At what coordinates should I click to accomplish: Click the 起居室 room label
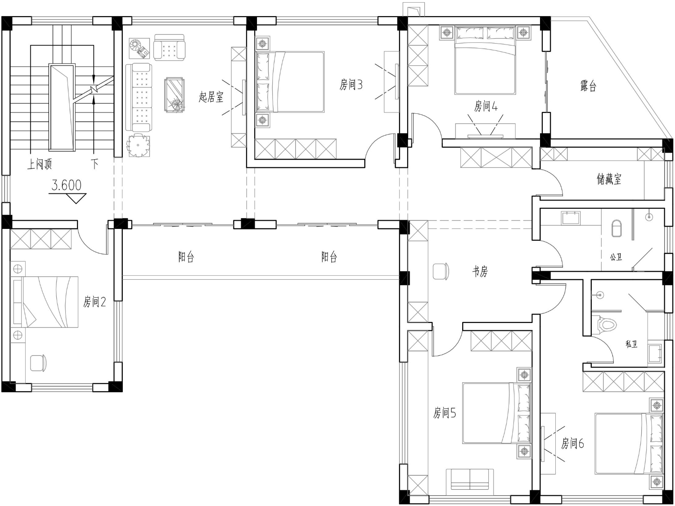coord(211,97)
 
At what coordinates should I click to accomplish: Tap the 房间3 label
coord(351,85)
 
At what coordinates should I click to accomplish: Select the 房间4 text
coord(486,106)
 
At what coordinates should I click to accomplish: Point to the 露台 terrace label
coord(588,86)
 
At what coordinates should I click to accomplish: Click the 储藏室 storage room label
coord(609,179)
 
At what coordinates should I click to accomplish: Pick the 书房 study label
coord(480,271)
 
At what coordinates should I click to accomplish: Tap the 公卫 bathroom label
coord(616,257)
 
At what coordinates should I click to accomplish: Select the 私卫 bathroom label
coord(631,344)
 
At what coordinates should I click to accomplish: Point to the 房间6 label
coord(572,443)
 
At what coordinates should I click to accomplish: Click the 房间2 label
coord(94,302)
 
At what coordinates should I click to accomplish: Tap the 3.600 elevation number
coord(67,185)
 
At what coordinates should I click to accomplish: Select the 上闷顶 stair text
coord(39,164)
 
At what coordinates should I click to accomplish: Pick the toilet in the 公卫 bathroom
coord(616,228)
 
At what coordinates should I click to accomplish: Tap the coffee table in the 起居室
coord(175,95)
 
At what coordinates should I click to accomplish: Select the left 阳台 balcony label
coord(186,257)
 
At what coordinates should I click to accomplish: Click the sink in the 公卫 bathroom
coord(571,218)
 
